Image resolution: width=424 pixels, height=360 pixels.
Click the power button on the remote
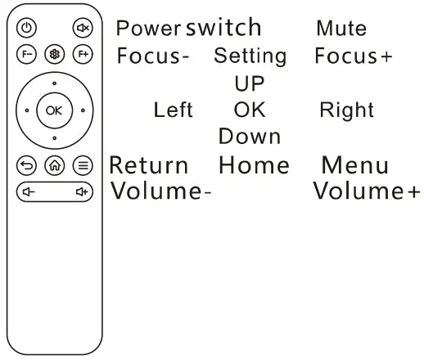tap(27, 27)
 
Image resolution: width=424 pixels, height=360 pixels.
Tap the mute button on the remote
tap(83, 27)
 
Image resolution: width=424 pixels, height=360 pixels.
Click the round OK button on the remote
tap(54, 109)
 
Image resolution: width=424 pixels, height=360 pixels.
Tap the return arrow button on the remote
tap(27, 164)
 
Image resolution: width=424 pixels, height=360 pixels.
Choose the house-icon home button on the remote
tap(54, 164)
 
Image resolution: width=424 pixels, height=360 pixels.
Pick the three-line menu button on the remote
tap(83, 164)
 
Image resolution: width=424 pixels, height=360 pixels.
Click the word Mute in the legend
tap(341, 29)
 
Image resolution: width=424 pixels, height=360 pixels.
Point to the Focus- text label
tap(154, 57)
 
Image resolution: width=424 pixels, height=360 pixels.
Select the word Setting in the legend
tap(250, 57)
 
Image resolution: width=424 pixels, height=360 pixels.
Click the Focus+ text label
tap(353, 57)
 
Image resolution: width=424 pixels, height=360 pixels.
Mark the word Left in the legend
tap(173, 110)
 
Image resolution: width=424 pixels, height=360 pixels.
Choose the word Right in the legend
tap(347, 110)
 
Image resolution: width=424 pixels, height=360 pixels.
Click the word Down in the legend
tap(250, 137)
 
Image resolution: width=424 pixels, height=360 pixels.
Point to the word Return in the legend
tap(149, 165)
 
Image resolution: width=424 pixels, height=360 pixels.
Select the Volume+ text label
tap(368, 192)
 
